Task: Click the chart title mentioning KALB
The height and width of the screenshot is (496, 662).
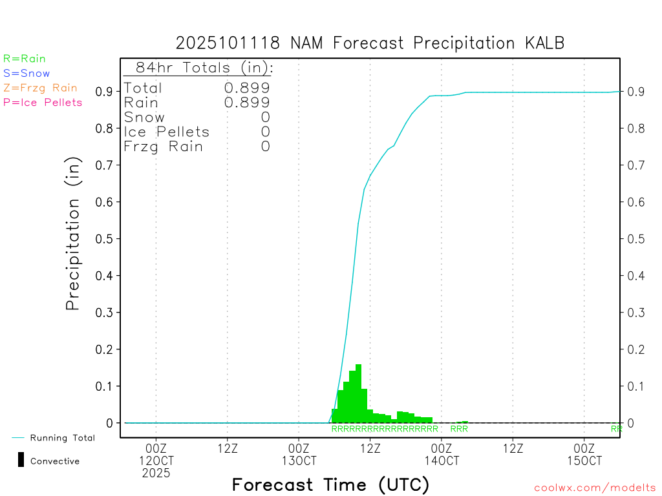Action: point(370,43)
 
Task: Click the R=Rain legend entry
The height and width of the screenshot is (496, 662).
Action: point(25,59)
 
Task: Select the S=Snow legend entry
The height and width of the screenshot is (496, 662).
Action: point(27,74)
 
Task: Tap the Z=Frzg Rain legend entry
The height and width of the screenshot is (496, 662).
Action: point(40,88)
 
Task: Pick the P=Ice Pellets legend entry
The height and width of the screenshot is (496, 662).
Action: point(43,102)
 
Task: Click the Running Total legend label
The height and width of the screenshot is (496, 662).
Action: point(62,438)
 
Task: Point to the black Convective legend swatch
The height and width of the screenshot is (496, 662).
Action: point(21,460)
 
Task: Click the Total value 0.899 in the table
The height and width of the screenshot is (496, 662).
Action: point(247,88)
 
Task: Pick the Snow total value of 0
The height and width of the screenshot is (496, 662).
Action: point(265,117)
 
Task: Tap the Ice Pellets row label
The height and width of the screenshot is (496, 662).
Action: point(167,132)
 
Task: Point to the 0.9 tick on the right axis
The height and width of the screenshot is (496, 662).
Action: point(635,92)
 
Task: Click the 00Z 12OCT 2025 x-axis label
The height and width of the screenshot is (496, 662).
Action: point(156,460)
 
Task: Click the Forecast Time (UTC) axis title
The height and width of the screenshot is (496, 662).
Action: point(330,484)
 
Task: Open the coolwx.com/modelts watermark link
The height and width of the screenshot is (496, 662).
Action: point(595,488)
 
